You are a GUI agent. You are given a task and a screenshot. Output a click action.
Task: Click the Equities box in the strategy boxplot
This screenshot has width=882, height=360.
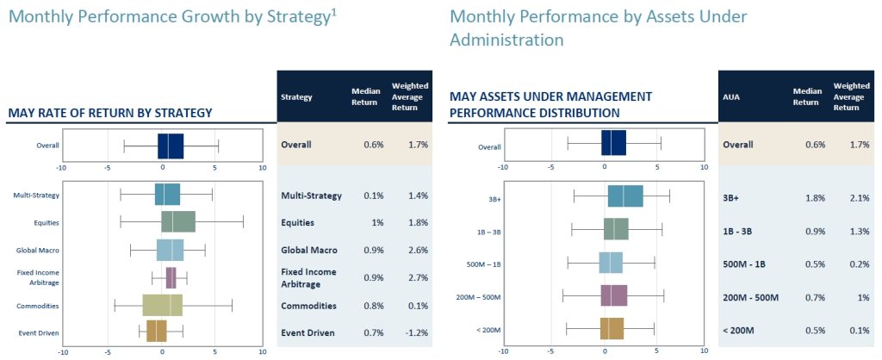tap(178, 222)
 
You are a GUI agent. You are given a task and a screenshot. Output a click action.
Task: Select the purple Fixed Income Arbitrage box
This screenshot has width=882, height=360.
tap(171, 277)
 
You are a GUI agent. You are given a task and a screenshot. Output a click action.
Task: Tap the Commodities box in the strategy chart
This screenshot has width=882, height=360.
tap(163, 305)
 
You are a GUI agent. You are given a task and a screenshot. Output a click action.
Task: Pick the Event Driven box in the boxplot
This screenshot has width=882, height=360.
tap(157, 332)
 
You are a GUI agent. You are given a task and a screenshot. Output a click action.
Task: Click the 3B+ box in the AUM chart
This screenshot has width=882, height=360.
tap(624, 196)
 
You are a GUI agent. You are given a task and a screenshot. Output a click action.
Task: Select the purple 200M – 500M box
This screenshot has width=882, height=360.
tap(614, 296)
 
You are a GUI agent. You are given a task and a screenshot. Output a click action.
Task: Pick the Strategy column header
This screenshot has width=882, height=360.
tap(296, 97)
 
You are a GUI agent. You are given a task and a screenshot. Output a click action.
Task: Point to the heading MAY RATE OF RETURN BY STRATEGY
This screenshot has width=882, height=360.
tap(109, 113)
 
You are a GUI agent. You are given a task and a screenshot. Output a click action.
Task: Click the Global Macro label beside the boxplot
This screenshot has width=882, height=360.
tap(38, 251)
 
